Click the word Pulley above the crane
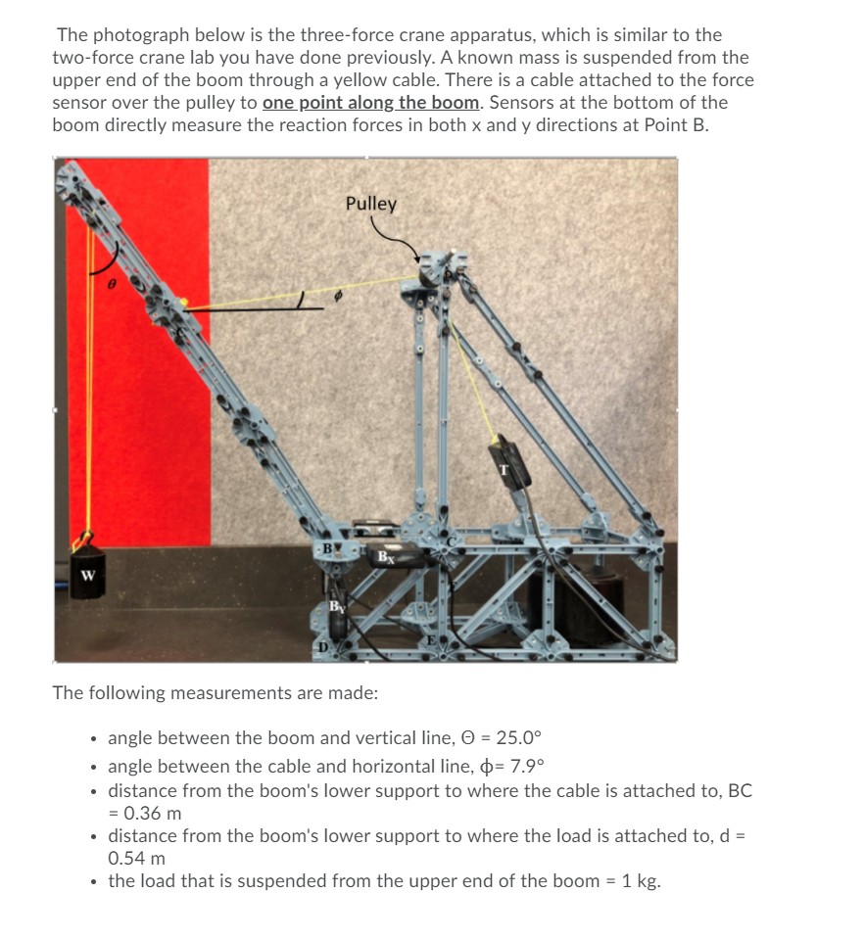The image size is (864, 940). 371,204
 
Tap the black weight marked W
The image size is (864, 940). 88,575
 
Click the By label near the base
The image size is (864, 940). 336,606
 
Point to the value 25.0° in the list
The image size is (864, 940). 535,737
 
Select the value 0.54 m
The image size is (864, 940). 136,858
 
